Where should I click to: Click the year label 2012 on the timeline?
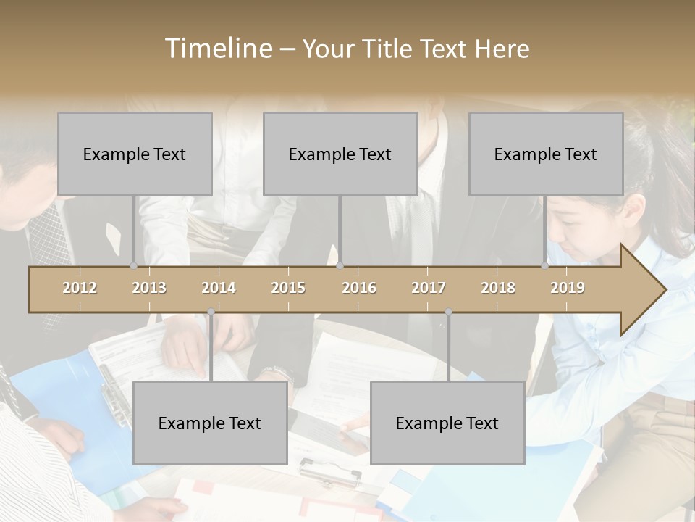(x=80, y=288)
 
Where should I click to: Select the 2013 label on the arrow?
(x=149, y=288)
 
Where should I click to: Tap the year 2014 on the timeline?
(x=219, y=288)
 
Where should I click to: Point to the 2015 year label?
(x=288, y=288)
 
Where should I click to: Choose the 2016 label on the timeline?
(x=359, y=288)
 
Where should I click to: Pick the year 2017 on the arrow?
(x=429, y=288)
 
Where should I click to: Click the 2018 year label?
(x=498, y=288)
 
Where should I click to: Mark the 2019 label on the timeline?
(x=568, y=288)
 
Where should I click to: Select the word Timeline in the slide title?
(x=217, y=49)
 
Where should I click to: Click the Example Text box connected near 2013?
(x=135, y=154)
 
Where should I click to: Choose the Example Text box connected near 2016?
(x=340, y=154)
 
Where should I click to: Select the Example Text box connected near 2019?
(x=546, y=154)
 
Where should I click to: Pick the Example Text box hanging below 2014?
(x=210, y=423)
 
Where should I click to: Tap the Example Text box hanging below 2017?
(x=447, y=423)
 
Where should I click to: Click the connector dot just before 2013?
(x=133, y=265)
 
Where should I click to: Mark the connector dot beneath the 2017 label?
(x=448, y=312)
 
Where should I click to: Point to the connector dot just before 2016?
(x=340, y=265)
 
